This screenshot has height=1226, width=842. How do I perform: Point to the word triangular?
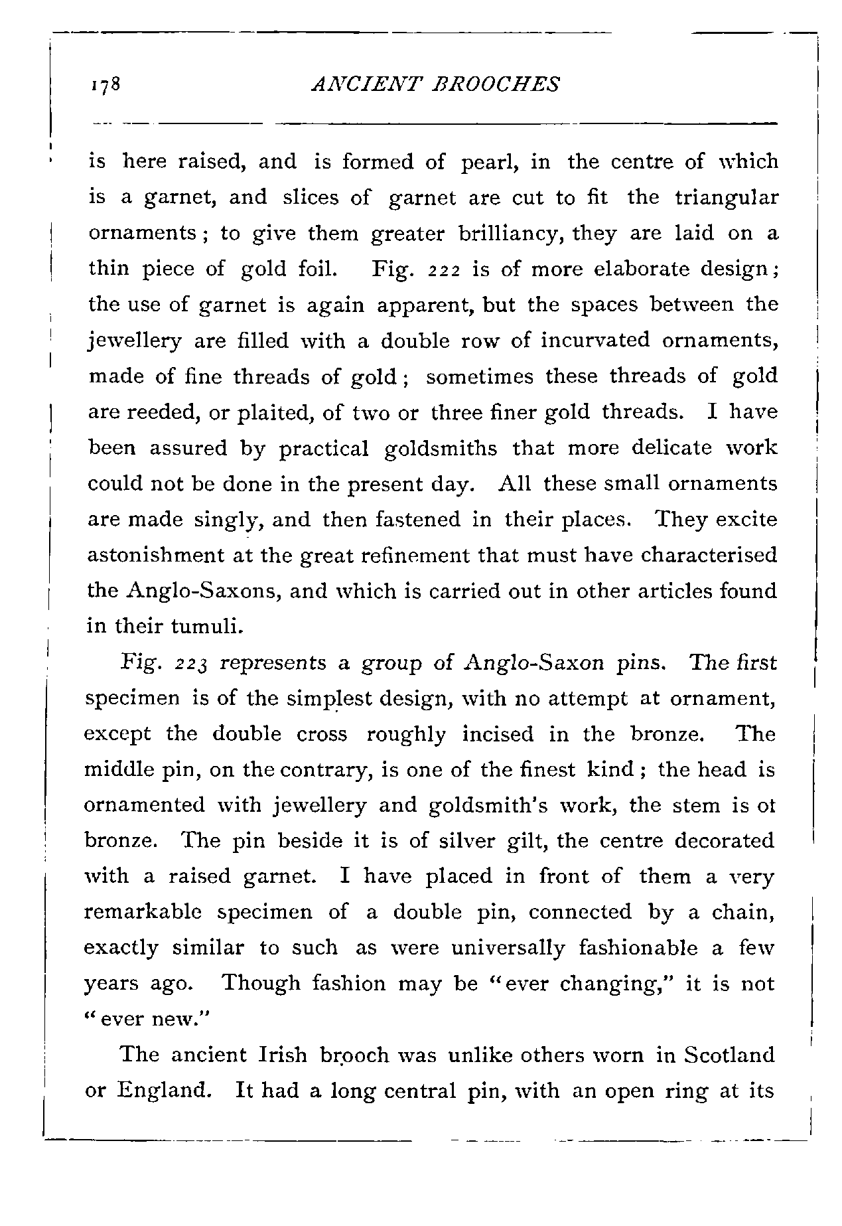click(x=726, y=198)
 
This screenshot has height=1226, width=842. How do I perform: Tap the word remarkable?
click(x=141, y=912)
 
